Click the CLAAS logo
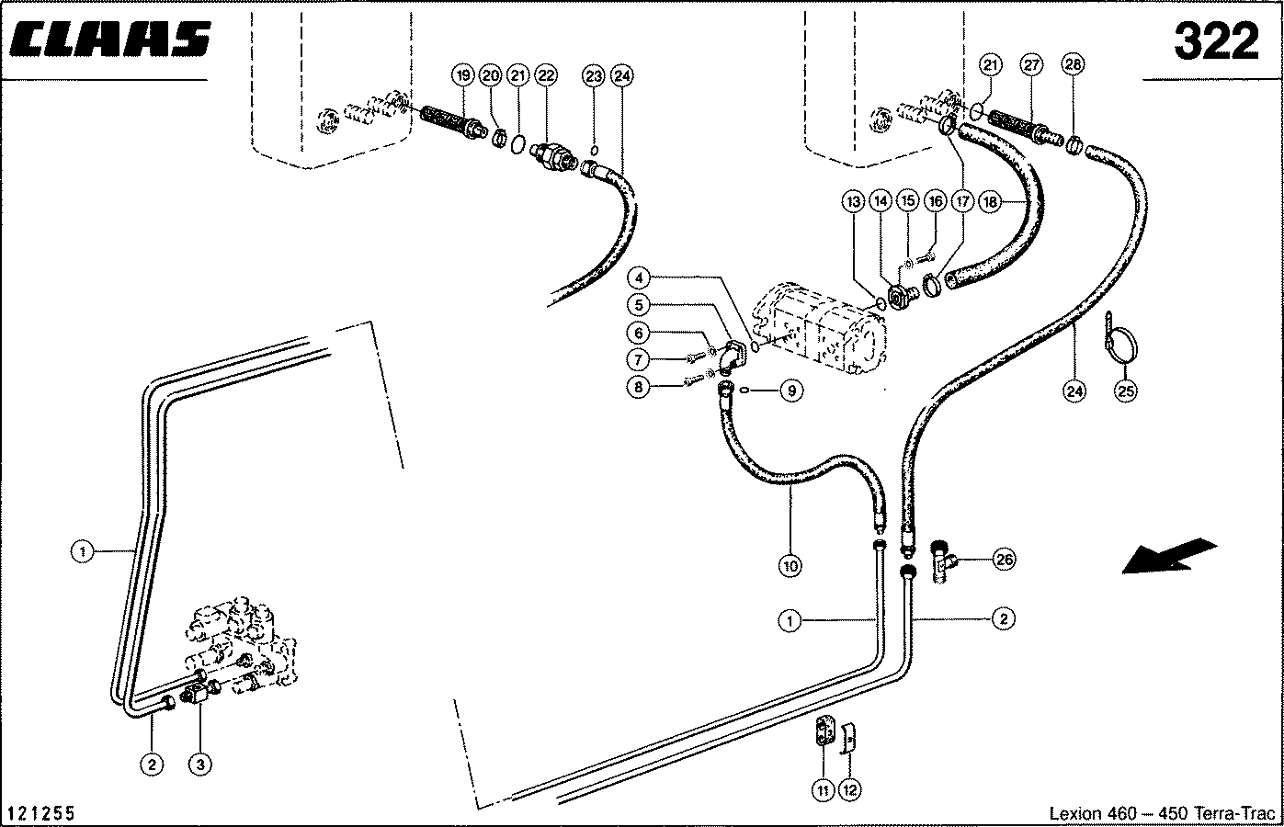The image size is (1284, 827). point(110,39)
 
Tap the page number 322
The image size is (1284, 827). point(1216,41)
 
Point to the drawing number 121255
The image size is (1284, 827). point(41,812)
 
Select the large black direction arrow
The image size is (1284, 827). point(1169,555)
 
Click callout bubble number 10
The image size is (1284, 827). point(790,566)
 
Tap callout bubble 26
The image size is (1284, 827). point(1004,559)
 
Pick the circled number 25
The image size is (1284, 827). point(1126,391)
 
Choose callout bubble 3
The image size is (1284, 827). point(200,764)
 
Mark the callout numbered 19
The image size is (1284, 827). point(463,75)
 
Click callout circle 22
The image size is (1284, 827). point(546,75)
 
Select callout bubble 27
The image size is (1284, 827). point(1032,64)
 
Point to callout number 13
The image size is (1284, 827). point(854,201)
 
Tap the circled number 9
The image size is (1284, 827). point(791,391)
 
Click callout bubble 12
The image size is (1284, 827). point(850,790)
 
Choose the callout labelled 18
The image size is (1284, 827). point(990,202)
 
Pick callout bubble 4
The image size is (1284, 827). point(639,278)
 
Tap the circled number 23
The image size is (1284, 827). point(593,75)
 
